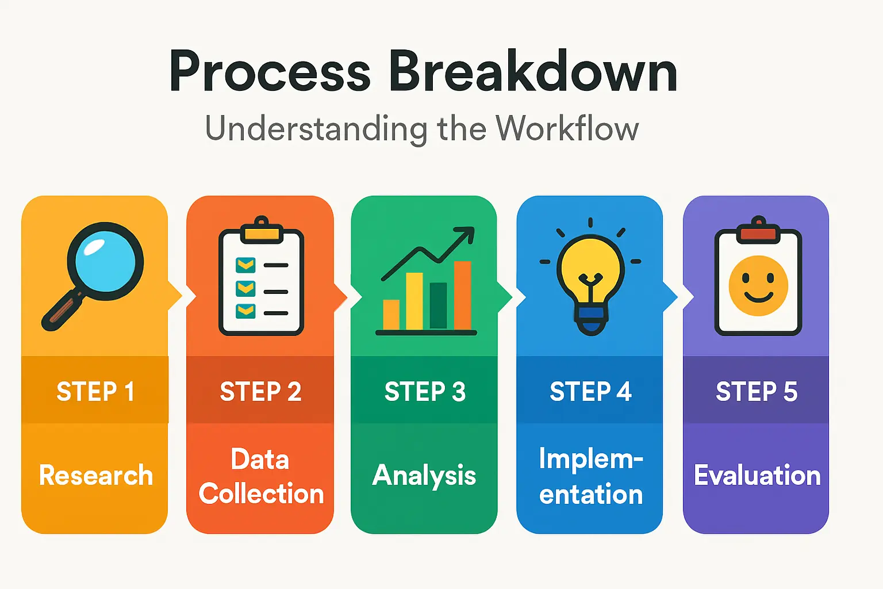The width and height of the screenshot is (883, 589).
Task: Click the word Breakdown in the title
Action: [533, 71]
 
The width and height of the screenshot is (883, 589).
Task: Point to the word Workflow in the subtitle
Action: [567, 128]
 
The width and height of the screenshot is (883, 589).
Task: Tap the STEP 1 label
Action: [96, 391]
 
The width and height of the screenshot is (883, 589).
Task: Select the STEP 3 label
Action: [425, 391]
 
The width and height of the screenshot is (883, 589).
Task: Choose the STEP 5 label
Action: [757, 391]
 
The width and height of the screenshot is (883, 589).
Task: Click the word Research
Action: [96, 475]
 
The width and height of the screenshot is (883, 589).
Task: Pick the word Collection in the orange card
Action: [261, 493]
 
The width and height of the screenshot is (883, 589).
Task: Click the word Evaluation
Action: [757, 475]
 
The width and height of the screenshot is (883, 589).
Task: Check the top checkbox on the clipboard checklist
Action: [245, 265]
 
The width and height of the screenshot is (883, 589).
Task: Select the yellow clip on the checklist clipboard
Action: [262, 231]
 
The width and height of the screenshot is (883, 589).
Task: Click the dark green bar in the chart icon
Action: [438, 305]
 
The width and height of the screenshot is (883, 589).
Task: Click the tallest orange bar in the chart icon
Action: [462, 295]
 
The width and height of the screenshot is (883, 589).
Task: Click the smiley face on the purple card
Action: [758, 286]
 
